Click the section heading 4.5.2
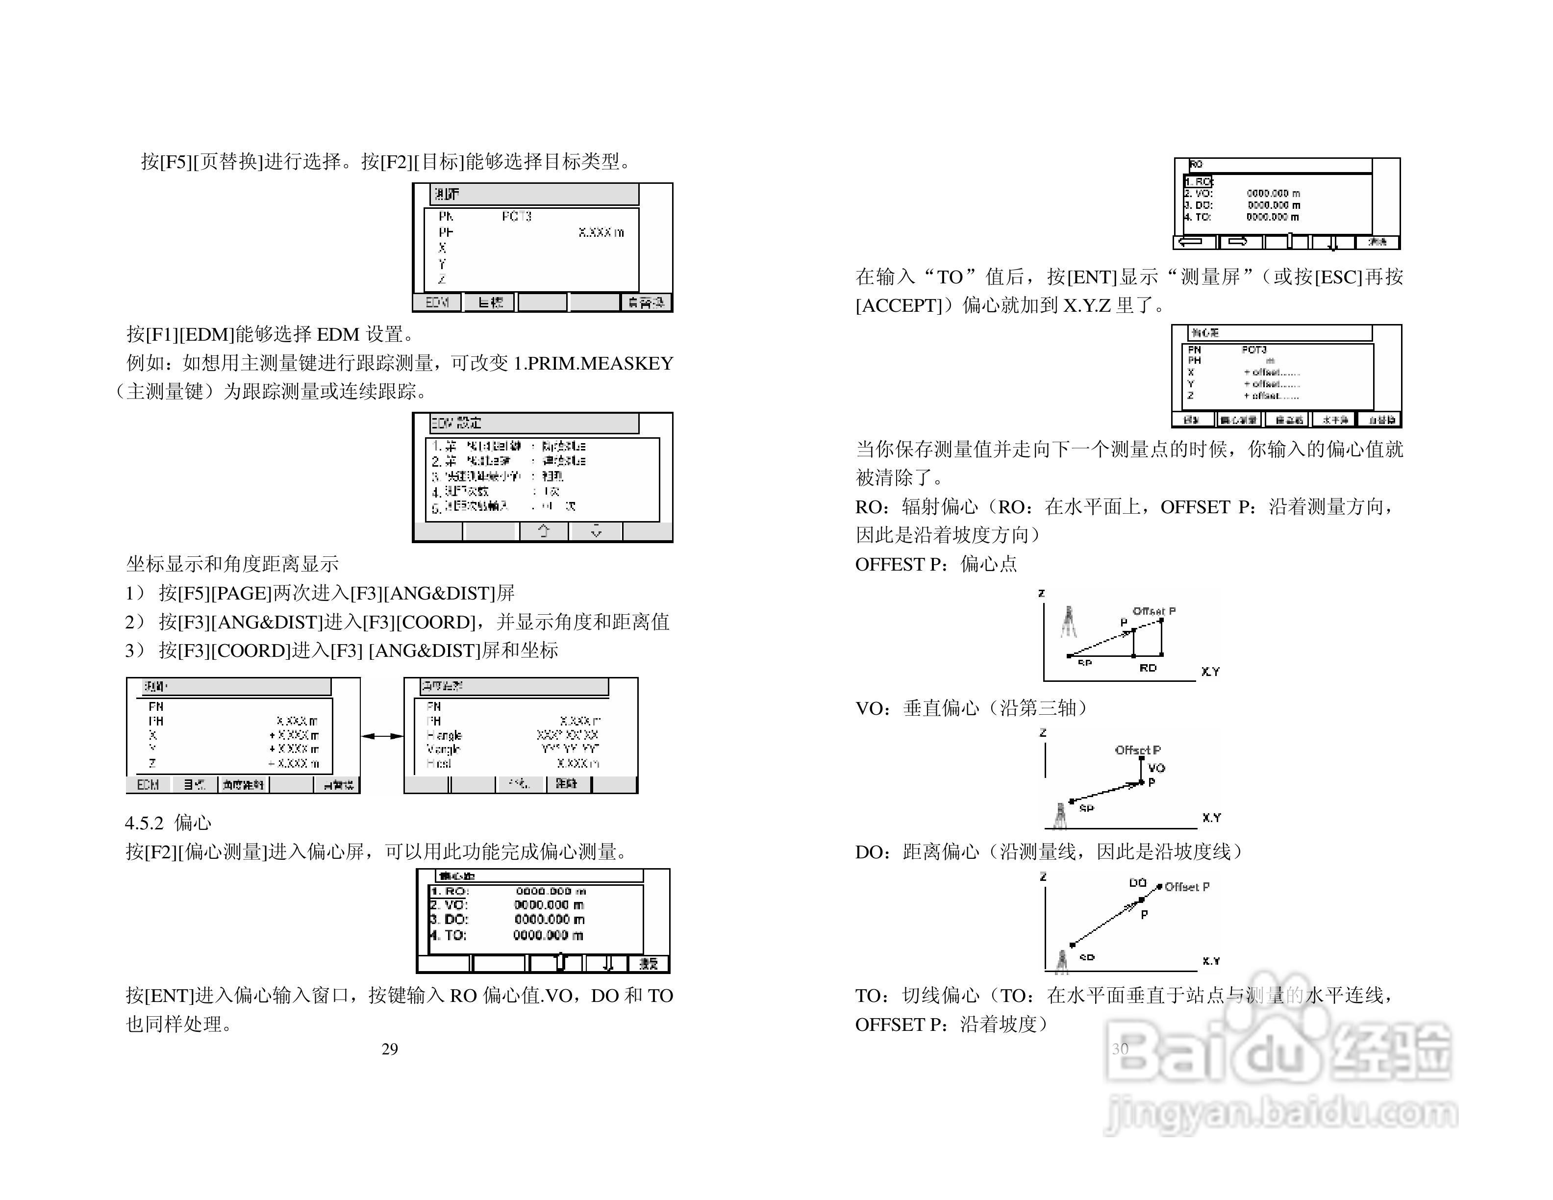(168, 823)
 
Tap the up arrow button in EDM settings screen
(544, 531)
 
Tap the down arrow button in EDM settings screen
(596, 531)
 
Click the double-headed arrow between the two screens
(382, 736)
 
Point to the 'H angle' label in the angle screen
(444, 735)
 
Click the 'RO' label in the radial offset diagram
(1148, 668)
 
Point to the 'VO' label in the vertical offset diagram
(1156, 768)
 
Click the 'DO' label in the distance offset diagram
(1138, 883)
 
